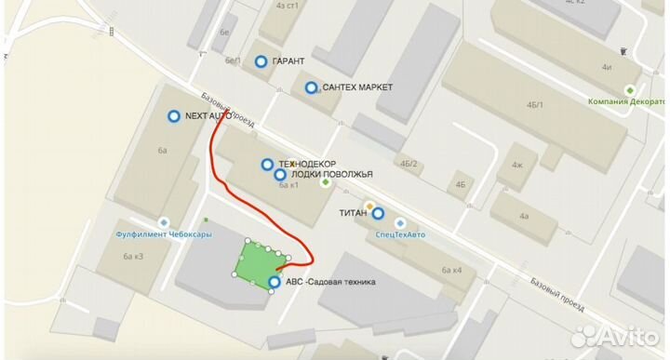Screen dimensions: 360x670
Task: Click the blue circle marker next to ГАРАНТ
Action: click(261, 61)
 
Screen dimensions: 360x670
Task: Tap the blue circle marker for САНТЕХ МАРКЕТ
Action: click(311, 87)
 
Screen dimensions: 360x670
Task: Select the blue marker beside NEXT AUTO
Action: click(173, 116)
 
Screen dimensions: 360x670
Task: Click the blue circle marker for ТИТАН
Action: click(378, 213)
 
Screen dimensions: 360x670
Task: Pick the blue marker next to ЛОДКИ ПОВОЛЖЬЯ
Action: click(279, 174)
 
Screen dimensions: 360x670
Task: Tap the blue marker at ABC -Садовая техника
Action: click(274, 282)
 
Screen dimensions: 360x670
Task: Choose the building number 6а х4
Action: click(452, 270)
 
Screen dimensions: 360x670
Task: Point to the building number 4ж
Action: click(516, 166)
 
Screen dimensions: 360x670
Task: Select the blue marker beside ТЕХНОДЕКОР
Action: click(267, 164)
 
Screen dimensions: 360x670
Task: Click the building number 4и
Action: click(607, 67)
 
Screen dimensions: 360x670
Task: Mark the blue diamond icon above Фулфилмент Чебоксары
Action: click(164, 221)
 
